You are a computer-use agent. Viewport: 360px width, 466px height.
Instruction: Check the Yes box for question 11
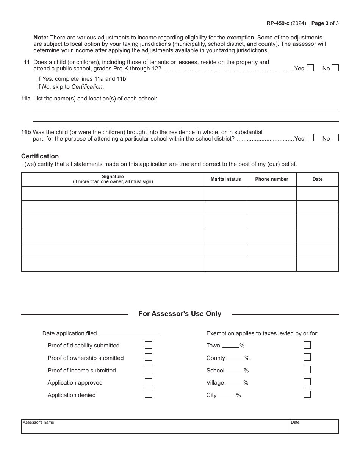[x=310, y=68]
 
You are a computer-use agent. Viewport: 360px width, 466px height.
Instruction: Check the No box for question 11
[x=335, y=68]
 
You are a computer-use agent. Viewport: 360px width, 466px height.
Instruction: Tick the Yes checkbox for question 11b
[x=310, y=138]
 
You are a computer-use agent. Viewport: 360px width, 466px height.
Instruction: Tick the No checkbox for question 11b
[x=335, y=138]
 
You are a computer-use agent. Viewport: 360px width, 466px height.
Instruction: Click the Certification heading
[x=40, y=156]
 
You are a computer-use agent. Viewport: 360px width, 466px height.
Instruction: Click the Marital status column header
[x=226, y=179]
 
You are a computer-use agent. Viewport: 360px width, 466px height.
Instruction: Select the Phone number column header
[x=272, y=179]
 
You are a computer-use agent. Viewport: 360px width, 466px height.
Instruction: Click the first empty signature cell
[x=113, y=194]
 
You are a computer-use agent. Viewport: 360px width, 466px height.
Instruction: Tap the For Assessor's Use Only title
[x=180, y=314]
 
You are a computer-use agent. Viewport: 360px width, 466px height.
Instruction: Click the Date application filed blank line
[x=128, y=333]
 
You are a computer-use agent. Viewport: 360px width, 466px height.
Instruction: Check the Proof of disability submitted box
[x=149, y=345]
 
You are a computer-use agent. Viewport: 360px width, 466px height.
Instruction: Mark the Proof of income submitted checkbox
[x=149, y=370]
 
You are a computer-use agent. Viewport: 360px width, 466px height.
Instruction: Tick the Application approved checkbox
[x=149, y=382]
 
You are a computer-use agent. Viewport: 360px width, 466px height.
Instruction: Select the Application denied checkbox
[x=149, y=394]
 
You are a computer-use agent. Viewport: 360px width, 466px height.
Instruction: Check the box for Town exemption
[x=307, y=345]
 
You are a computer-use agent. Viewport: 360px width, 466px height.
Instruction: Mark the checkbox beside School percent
[x=307, y=370]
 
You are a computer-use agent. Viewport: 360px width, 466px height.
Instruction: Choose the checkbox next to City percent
[x=307, y=394]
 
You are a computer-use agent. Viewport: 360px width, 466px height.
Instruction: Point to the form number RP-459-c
[x=278, y=23]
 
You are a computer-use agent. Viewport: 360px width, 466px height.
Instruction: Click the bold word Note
[x=41, y=38]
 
